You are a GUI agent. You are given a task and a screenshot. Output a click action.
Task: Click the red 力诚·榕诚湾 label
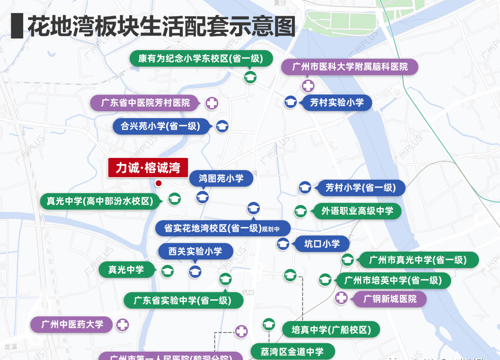[x=148, y=168]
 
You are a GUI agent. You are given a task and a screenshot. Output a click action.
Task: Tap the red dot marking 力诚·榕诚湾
[x=158, y=183]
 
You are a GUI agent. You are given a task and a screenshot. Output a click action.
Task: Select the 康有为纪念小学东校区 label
[x=200, y=59]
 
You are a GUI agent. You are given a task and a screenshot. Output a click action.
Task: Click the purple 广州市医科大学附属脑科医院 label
[x=350, y=67]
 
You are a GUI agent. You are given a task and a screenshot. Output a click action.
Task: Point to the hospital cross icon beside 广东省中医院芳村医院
[x=212, y=103]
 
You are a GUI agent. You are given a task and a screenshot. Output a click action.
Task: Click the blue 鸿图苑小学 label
[x=221, y=178]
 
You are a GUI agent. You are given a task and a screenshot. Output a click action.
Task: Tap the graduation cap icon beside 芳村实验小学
[x=290, y=102]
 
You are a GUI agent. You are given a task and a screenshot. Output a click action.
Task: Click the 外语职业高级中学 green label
[x=357, y=211]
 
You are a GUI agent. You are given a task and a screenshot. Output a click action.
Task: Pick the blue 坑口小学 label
[x=322, y=244]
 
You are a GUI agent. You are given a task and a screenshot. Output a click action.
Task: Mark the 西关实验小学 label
[x=195, y=252]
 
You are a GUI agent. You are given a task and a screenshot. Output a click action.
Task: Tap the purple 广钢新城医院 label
[x=390, y=299]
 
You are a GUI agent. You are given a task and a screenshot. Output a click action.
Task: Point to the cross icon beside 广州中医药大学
[x=122, y=325]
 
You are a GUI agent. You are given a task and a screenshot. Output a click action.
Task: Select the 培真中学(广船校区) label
[x=331, y=330]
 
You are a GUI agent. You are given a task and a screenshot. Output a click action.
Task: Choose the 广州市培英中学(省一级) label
[x=393, y=280]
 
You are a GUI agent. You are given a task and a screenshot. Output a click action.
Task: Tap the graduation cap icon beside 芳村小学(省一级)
[x=305, y=188]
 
